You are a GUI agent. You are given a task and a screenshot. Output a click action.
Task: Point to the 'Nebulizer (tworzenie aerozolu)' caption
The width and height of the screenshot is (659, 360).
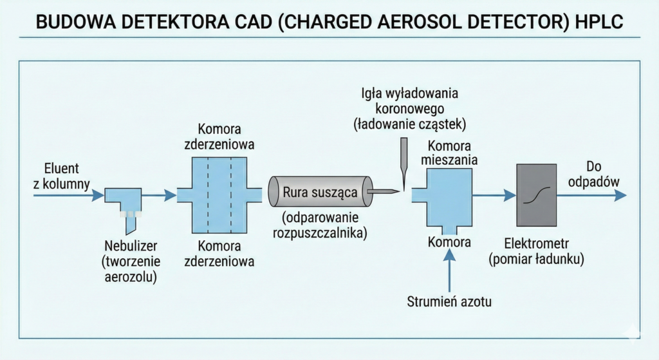(131, 261)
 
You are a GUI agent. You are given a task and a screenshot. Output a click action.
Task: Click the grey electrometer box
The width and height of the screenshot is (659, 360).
(536, 194)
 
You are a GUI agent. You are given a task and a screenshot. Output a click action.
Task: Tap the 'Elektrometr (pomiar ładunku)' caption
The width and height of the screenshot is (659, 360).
(536, 252)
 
